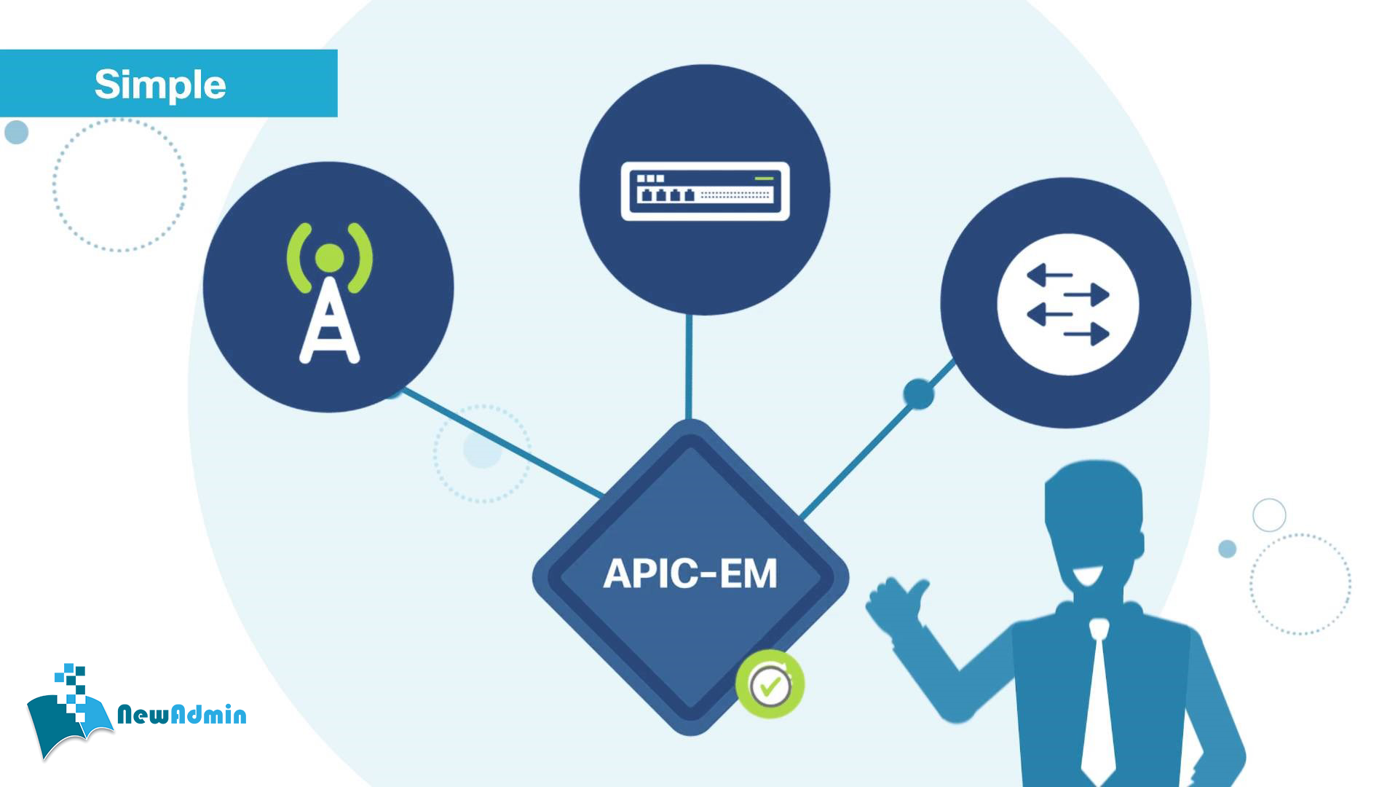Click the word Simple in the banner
coord(160,85)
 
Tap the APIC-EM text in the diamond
coord(690,573)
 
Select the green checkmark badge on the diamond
coord(770,684)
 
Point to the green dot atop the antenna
coord(329,258)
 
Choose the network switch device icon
coord(705,191)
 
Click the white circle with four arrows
coord(1067,305)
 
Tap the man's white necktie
coord(1099,700)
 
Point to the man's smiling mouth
coord(1087,576)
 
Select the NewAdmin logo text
coord(181,715)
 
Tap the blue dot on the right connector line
coord(918,394)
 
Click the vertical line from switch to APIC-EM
coord(689,368)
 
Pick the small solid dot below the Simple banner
coord(16,132)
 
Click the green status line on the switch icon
coord(764,178)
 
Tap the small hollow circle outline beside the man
coord(1269,515)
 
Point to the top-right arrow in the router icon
coord(1090,295)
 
